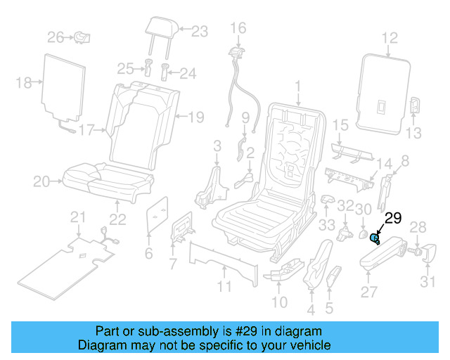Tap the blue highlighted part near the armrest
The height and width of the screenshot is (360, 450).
pyautogui.click(x=375, y=240)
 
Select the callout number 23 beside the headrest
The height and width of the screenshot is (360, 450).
pyautogui.click(x=200, y=31)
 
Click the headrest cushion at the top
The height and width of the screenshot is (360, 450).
pyautogui.click(x=158, y=27)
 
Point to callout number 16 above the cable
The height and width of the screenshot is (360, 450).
pyautogui.click(x=238, y=28)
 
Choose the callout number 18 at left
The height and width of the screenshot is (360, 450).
pyautogui.click(x=24, y=83)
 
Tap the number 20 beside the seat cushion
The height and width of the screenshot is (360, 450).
pyautogui.click(x=41, y=182)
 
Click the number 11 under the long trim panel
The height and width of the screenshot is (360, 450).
pyautogui.click(x=224, y=287)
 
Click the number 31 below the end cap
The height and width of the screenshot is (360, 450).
pyautogui.click(x=428, y=283)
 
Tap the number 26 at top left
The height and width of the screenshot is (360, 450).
pyautogui.click(x=56, y=36)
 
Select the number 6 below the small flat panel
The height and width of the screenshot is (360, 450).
pyautogui.click(x=148, y=253)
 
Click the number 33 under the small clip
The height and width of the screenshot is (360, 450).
pyautogui.click(x=326, y=225)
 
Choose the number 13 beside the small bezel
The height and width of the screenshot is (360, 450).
pyautogui.click(x=415, y=133)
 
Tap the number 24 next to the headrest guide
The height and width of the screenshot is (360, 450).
pyautogui.click(x=188, y=73)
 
